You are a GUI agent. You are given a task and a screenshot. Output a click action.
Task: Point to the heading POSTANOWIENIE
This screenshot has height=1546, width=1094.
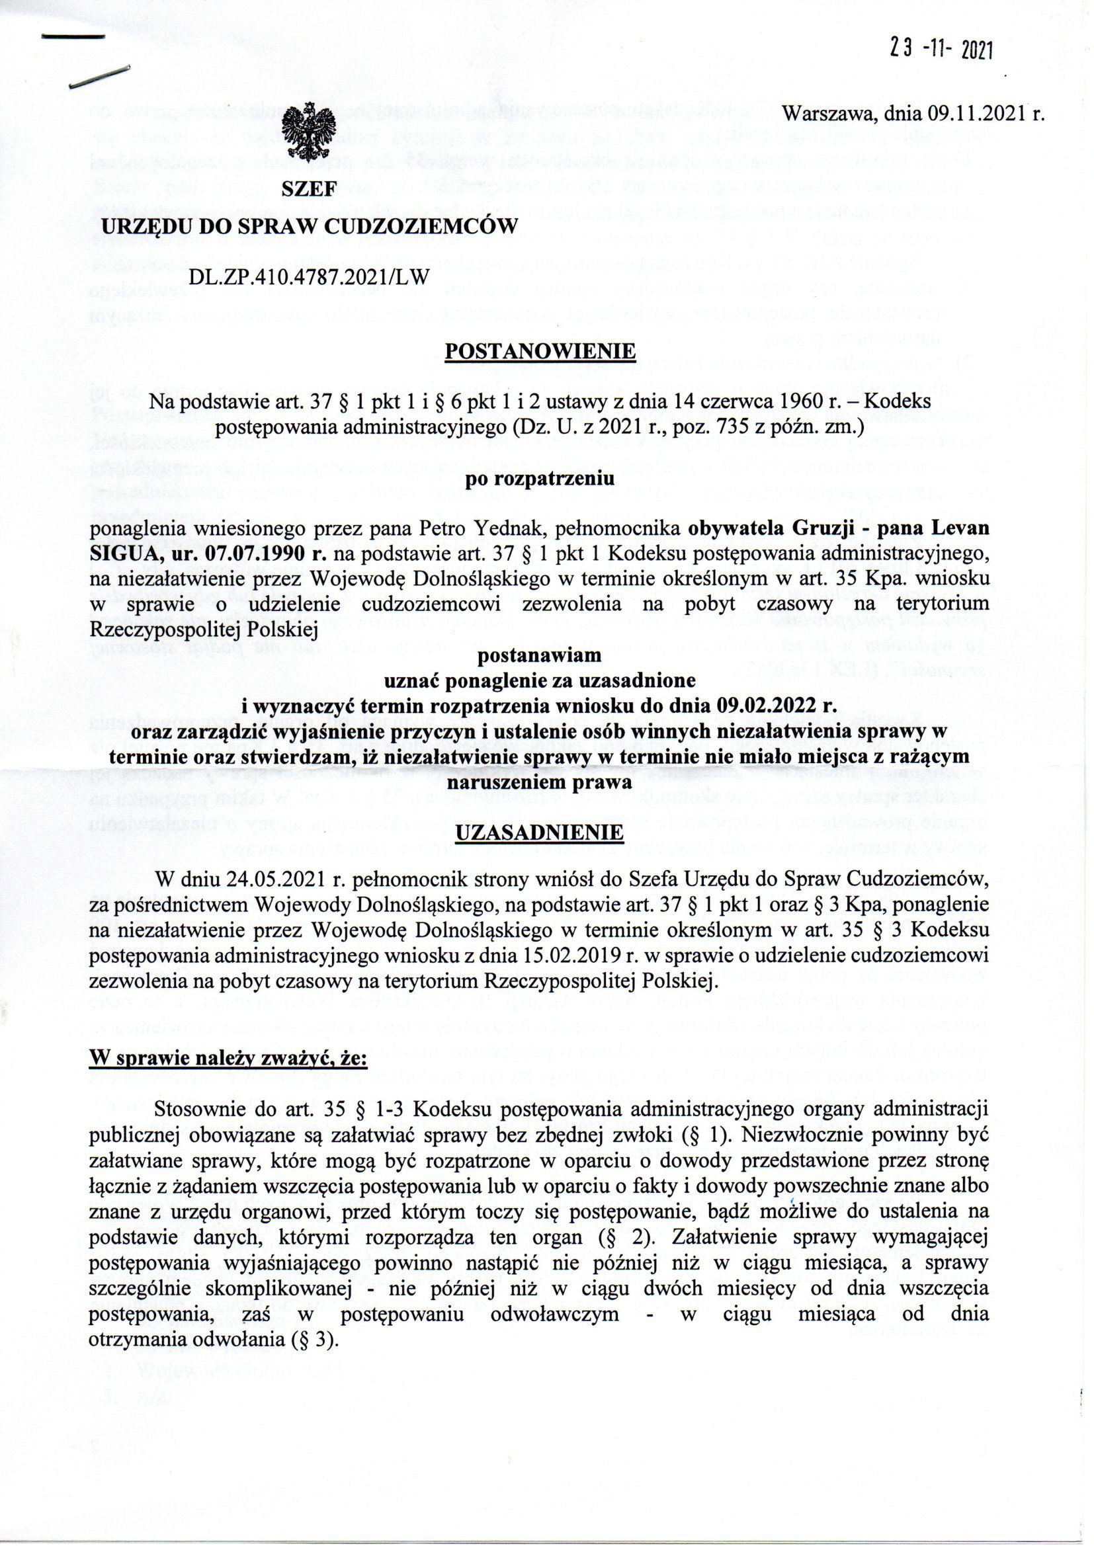540,352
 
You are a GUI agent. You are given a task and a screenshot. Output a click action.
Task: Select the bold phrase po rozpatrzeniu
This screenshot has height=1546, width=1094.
540,481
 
